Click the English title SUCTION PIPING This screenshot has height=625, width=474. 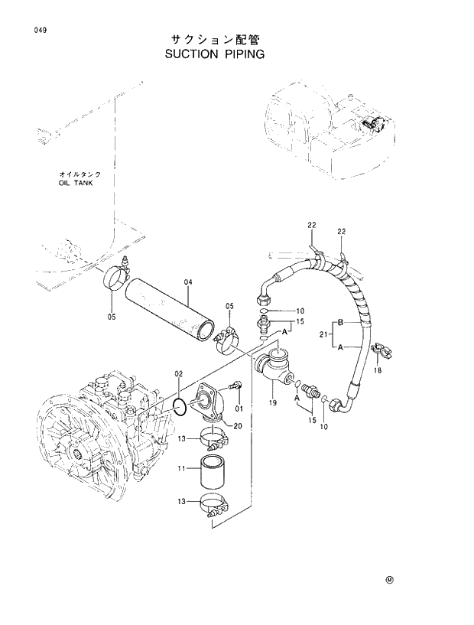pos(214,54)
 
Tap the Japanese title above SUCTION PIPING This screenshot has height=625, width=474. pos(215,38)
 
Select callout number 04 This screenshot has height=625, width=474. pos(188,283)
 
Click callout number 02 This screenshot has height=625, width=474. pos(178,374)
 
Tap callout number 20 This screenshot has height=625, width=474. pos(238,426)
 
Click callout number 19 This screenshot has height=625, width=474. pos(271,402)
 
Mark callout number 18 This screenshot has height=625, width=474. pos(376,371)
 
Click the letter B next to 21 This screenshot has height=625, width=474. pos(341,322)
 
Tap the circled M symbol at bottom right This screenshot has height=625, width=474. pos(389,579)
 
